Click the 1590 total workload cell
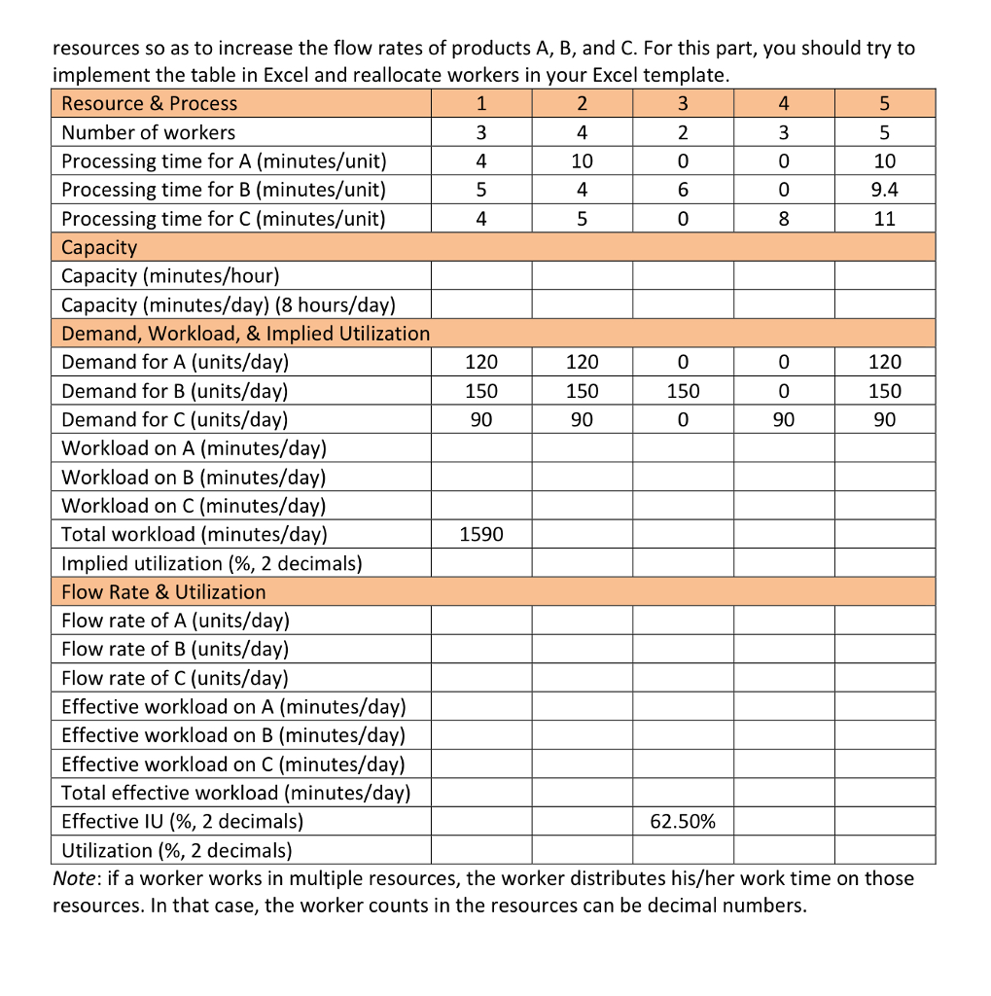click(480, 535)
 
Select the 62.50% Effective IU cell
click(682, 822)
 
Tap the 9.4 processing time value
click(884, 190)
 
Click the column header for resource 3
click(682, 104)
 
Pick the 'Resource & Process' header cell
click(149, 104)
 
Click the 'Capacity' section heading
click(99, 247)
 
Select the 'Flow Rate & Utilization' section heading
click(163, 592)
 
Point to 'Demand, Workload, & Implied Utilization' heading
click(245, 334)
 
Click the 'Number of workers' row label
click(148, 132)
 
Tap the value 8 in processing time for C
click(784, 219)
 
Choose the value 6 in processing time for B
click(682, 190)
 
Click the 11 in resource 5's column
click(884, 219)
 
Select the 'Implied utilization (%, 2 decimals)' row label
click(211, 563)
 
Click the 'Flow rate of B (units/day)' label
click(175, 649)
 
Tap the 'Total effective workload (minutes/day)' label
click(235, 793)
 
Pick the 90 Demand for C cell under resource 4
click(784, 420)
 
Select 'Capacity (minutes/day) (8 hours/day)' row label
click(228, 304)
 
